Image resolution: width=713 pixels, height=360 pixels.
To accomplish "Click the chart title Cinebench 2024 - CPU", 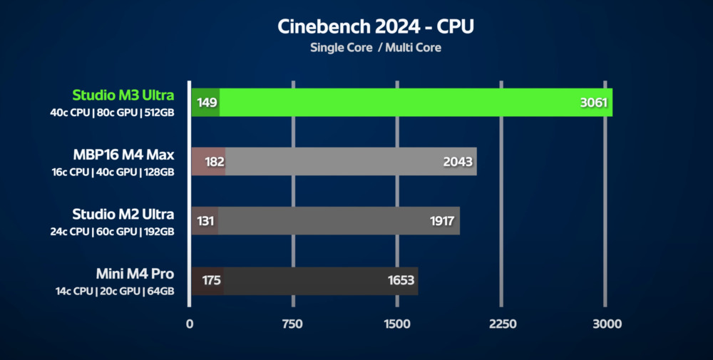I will coord(375,27).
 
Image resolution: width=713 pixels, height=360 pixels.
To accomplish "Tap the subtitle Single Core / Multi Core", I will coord(375,48).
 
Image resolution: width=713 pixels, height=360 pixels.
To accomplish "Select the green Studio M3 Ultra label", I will coord(123,96).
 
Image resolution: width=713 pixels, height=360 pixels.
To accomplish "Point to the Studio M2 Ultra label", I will coord(123,214).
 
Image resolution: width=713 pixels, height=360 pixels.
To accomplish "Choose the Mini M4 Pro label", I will coord(135,274).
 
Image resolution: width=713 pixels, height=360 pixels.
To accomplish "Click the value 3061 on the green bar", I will coord(593,103).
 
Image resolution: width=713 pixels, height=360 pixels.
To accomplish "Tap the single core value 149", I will coord(207,103).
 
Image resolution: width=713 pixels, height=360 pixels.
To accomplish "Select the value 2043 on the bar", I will coord(458,162).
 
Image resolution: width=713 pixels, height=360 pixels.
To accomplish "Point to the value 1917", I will coord(442,221).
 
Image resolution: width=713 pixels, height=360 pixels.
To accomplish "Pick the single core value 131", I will coord(205,221).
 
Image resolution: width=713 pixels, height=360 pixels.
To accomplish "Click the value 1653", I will coord(401,280).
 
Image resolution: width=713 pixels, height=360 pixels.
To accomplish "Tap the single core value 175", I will coord(211,280).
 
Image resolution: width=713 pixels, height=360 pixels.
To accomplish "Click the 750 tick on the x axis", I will coord(293,324).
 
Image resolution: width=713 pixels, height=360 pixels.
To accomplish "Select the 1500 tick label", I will coord(396,324).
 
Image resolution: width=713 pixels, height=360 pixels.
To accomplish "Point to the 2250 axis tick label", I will coord(502,324).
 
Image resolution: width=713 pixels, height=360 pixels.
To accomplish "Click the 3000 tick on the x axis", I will coord(606,324).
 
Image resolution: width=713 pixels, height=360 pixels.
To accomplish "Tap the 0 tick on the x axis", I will coord(190,324).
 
